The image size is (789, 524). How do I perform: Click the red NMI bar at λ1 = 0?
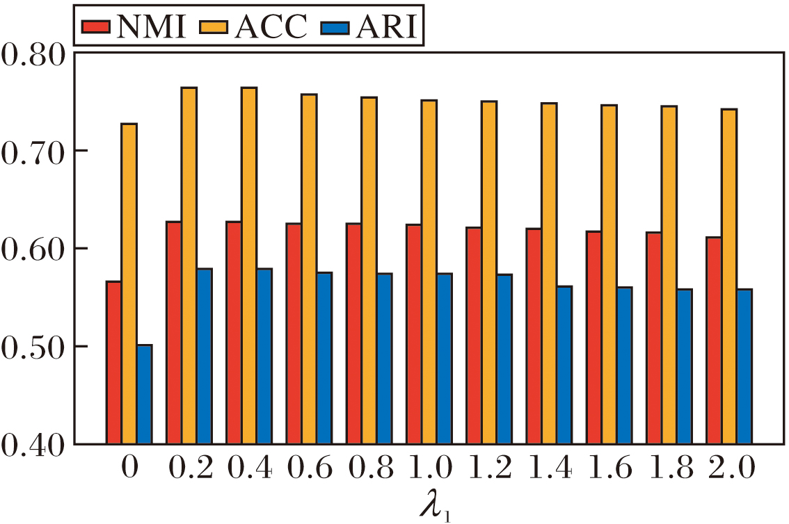coord(113,362)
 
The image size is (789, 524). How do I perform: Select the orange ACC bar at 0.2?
coord(189,265)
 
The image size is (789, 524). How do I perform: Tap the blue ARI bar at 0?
coord(144,394)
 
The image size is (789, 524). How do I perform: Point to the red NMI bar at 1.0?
coord(414,334)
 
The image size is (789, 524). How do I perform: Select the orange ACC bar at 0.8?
coord(369,270)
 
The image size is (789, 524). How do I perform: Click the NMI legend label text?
coord(152,27)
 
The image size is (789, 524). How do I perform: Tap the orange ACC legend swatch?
coord(214,27)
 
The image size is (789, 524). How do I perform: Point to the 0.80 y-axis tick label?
coord(33,54)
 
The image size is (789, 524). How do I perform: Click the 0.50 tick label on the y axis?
coord(33,347)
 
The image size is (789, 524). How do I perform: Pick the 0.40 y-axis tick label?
coord(33,444)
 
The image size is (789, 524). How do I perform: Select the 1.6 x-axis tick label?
coord(608,470)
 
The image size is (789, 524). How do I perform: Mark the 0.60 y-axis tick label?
coord(33,249)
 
